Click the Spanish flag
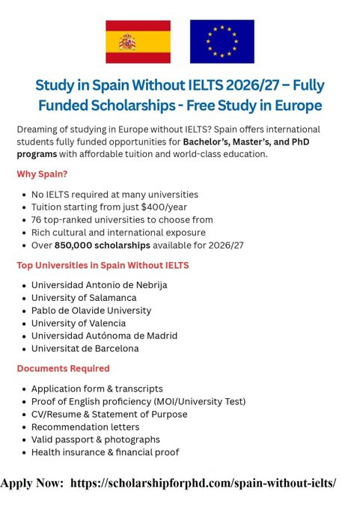tap(138, 42)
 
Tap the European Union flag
tap(222, 42)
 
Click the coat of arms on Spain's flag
tap(127, 42)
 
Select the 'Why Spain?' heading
tap(42, 174)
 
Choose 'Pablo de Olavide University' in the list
tap(91, 310)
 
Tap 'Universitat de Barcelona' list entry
tap(85, 348)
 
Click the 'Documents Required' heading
tap(63, 368)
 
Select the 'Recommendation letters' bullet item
tap(85, 427)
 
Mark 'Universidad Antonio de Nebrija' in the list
tap(99, 285)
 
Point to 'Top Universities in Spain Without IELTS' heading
tap(103, 265)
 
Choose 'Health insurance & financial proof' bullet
tap(105, 452)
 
